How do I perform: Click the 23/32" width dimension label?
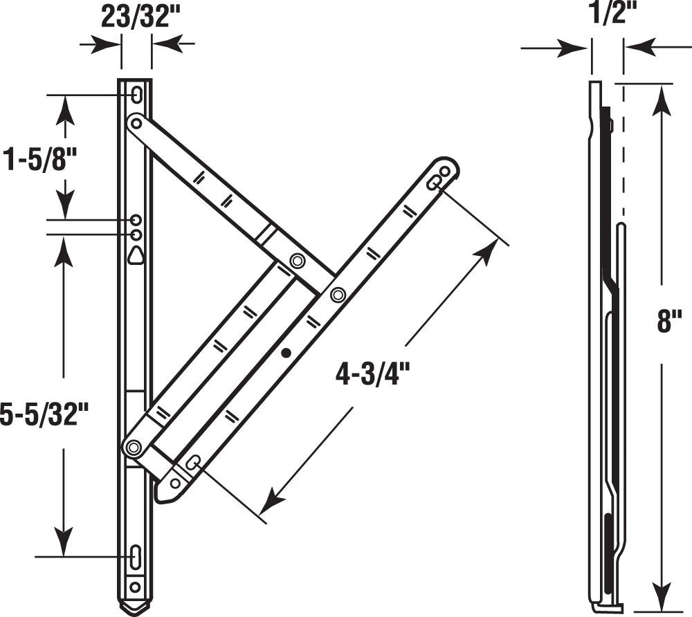point(136,17)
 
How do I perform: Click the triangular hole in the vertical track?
point(136,256)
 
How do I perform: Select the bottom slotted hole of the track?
point(136,555)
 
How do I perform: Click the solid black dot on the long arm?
point(286,353)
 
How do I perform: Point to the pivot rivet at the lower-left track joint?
point(134,448)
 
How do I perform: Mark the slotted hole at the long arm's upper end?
point(436,183)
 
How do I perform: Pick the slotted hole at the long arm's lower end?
point(193,463)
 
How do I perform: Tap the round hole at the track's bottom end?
point(136,587)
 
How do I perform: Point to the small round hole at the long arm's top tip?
point(446,169)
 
